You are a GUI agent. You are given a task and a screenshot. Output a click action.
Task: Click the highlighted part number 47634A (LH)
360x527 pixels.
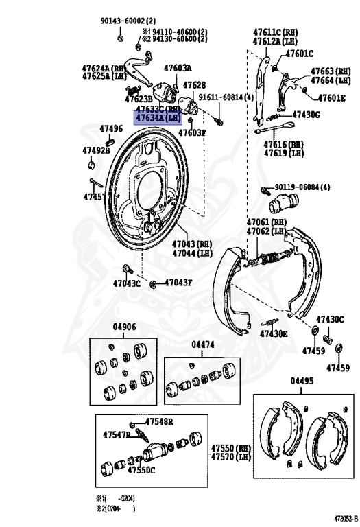click(159, 118)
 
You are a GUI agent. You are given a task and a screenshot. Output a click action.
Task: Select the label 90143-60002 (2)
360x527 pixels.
click(128, 21)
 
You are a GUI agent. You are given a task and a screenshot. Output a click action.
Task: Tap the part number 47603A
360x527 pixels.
click(178, 68)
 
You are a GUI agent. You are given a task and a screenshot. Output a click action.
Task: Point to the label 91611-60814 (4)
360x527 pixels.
click(226, 97)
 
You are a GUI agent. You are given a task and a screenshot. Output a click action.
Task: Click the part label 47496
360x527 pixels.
click(111, 128)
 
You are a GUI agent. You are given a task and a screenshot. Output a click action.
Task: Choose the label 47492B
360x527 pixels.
click(96, 150)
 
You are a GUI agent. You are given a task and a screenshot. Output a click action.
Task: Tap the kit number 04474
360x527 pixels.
click(204, 344)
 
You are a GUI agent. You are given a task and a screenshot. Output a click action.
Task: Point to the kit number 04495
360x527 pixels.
click(302, 381)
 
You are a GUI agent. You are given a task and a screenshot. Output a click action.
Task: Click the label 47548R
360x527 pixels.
click(158, 421)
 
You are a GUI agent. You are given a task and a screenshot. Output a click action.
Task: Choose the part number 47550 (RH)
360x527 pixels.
click(231, 447)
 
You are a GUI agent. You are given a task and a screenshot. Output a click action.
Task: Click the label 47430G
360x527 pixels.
click(306, 115)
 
